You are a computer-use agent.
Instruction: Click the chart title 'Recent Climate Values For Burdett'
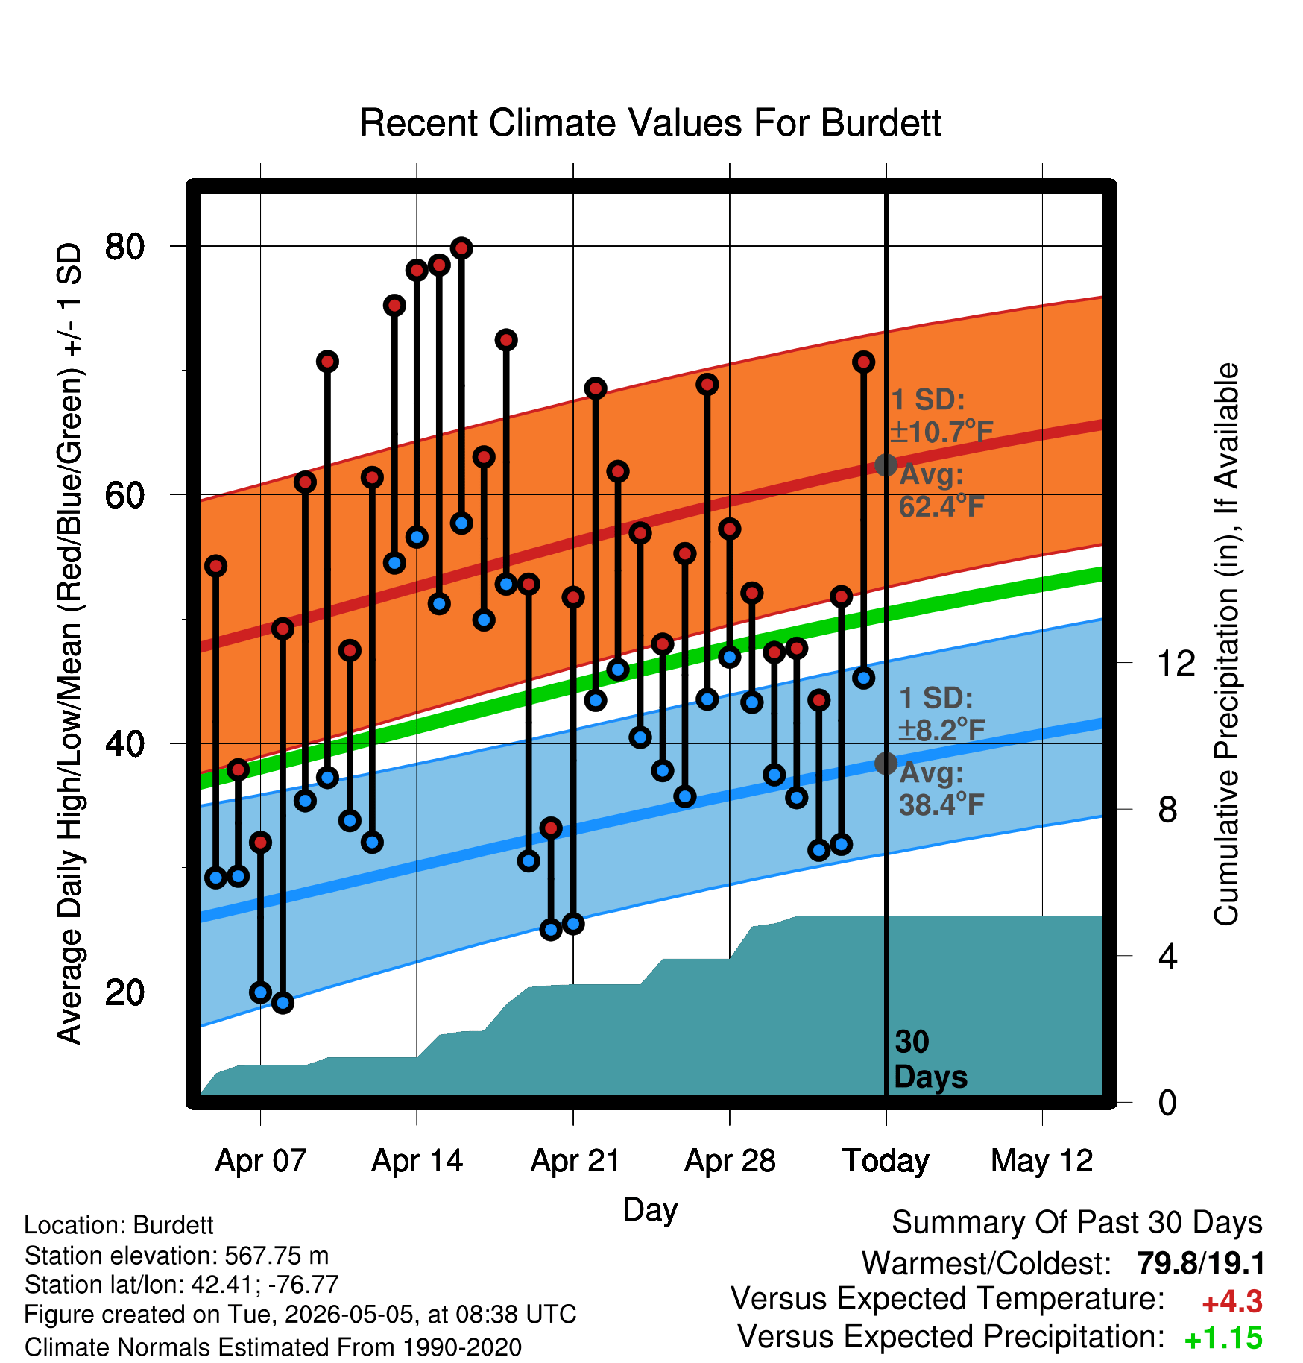coord(650,123)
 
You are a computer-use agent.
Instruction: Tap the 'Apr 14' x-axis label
coord(417,1161)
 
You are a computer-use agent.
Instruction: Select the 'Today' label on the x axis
coord(886,1161)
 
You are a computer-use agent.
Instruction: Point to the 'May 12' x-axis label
coord(1041,1161)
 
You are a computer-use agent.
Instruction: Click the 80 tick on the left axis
coord(124,246)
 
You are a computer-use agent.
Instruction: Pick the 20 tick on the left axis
coord(124,992)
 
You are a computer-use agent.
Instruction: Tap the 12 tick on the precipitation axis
coord(1176,663)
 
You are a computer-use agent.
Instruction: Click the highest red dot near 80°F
coord(461,248)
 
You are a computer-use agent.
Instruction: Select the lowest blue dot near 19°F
coord(283,1003)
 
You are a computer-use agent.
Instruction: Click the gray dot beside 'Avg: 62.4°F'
coord(886,465)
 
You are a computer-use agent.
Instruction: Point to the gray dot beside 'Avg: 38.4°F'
coord(886,763)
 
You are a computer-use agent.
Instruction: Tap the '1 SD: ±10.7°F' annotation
coord(941,416)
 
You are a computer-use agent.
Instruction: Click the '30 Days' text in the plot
coord(930,1060)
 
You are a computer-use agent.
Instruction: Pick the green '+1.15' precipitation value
coord(1223,1338)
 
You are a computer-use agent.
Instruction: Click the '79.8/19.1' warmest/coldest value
coord(1201,1264)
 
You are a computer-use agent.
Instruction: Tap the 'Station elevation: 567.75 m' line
coord(177,1256)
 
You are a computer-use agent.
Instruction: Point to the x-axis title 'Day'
coord(650,1210)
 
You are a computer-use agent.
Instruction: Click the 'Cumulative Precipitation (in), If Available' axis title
coord(1226,644)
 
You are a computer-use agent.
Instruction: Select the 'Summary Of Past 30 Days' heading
coord(1077,1223)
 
